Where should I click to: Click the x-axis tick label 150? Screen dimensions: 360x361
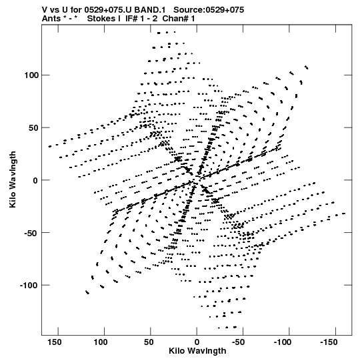coord(55,342)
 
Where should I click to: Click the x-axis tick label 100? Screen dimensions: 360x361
coord(101,342)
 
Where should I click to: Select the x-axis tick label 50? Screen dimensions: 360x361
coord(149,342)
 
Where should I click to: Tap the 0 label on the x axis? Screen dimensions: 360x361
coord(197,342)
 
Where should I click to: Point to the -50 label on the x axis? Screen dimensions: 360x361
coord(238,342)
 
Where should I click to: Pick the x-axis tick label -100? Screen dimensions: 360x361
coord(282,342)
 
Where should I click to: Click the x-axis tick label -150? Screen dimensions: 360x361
coord(329,342)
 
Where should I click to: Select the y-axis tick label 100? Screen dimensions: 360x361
coord(31,75)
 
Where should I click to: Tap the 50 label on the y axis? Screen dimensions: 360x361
coord(33,127)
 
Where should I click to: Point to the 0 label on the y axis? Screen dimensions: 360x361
coord(35,180)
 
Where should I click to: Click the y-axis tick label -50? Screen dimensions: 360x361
coord(31,233)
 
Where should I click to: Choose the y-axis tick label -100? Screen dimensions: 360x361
coord(29,285)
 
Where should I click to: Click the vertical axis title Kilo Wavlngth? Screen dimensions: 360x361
coord(13,179)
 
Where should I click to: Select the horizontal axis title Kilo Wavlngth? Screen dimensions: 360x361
coord(197,351)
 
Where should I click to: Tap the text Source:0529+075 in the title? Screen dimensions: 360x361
coord(209,10)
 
